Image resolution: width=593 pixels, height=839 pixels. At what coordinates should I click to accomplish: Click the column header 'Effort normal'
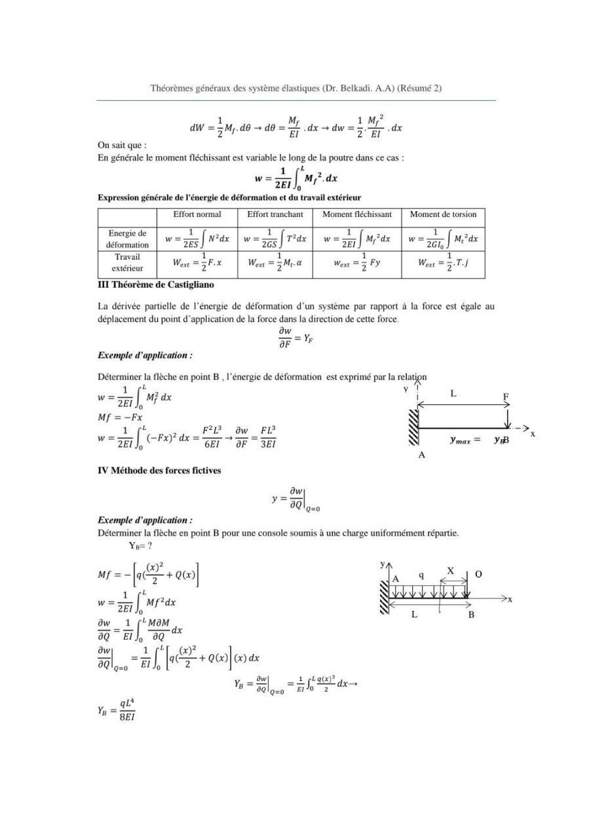coord(197,214)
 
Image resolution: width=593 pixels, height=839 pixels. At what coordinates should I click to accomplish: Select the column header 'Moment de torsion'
coord(443,214)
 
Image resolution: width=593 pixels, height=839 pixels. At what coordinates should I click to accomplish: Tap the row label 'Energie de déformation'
coord(127,239)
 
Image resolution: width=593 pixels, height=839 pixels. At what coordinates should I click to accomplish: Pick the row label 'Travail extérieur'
coord(127,262)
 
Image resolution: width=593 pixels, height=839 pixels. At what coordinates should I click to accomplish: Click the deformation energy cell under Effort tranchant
coord(275,239)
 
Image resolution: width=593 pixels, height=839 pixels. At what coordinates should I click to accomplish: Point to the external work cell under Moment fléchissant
coord(356,263)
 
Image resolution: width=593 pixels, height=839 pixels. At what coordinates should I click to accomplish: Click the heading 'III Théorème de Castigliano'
coord(155,285)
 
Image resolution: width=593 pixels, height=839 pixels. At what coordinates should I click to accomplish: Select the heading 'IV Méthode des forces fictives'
coord(159,471)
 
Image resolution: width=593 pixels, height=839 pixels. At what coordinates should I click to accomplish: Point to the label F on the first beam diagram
coord(506,397)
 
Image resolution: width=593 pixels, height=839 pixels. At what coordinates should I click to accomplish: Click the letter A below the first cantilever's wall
coord(421,455)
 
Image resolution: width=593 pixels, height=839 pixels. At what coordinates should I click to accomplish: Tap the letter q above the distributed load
coord(421,575)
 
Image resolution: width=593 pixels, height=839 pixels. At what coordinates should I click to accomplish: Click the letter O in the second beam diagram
coord(478,574)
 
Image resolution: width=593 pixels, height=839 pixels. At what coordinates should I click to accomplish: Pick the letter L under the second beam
coord(414,615)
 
